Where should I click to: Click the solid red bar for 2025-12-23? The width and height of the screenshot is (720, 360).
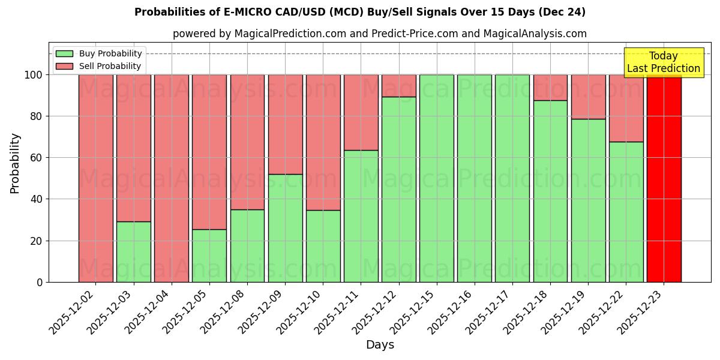click(664, 178)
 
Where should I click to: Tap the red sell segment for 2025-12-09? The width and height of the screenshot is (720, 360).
click(285, 124)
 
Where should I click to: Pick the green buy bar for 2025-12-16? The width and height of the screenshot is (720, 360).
click(475, 178)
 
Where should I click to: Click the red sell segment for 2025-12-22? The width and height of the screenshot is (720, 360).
click(626, 108)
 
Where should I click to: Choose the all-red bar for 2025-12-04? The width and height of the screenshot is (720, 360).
click(172, 178)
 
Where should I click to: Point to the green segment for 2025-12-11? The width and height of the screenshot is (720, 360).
click(361, 216)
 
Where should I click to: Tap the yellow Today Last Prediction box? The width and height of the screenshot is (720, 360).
click(664, 62)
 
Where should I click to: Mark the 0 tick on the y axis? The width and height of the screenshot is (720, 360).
click(40, 282)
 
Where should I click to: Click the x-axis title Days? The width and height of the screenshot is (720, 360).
click(380, 345)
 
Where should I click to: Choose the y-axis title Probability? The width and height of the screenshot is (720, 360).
click(15, 163)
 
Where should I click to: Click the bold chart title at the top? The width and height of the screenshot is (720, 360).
click(360, 12)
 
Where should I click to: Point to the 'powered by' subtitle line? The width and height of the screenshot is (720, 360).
click(380, 34)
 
